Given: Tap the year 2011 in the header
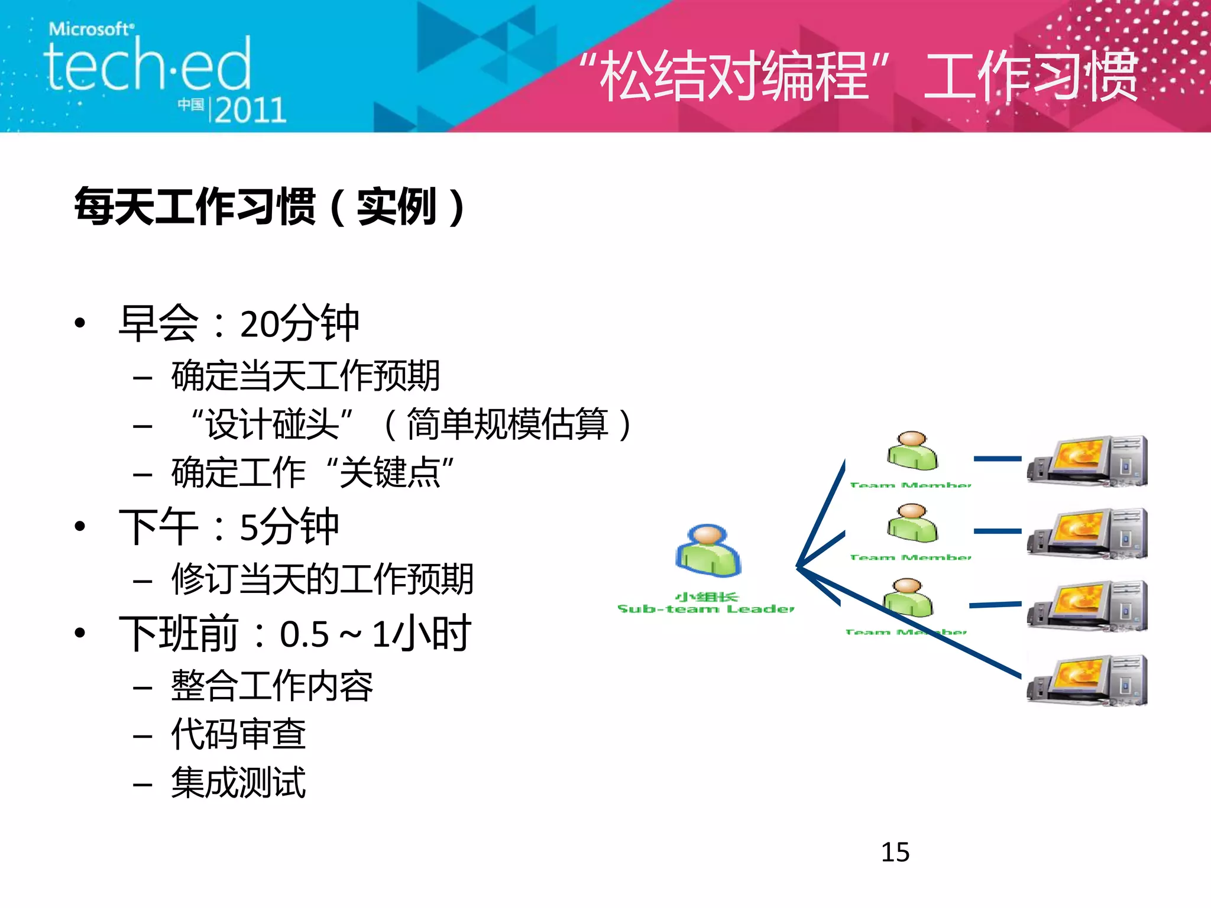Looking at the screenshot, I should point(250,110).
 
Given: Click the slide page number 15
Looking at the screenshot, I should point(895,852).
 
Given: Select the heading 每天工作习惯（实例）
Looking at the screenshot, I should point(269,206).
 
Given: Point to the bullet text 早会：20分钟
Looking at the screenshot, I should point(238,323).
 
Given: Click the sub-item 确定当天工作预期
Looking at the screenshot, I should point(305,376).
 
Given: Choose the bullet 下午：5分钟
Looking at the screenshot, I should point(228,527).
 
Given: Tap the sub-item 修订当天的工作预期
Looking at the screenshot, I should point(322,579).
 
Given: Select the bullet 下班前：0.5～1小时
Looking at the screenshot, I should point(294,634).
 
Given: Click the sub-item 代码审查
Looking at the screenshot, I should point(238,734).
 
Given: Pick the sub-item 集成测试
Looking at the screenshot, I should point(238,783).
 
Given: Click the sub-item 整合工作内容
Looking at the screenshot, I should point(272,686).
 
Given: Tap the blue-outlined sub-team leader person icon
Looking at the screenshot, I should point(708,551).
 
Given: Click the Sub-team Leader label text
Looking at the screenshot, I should point(705,608).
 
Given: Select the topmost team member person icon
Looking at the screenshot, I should point(912,451).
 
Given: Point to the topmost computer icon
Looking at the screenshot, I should point(1087,461).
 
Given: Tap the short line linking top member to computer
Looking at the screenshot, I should point(997,459).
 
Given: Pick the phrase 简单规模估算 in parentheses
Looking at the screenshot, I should point(507,424).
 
